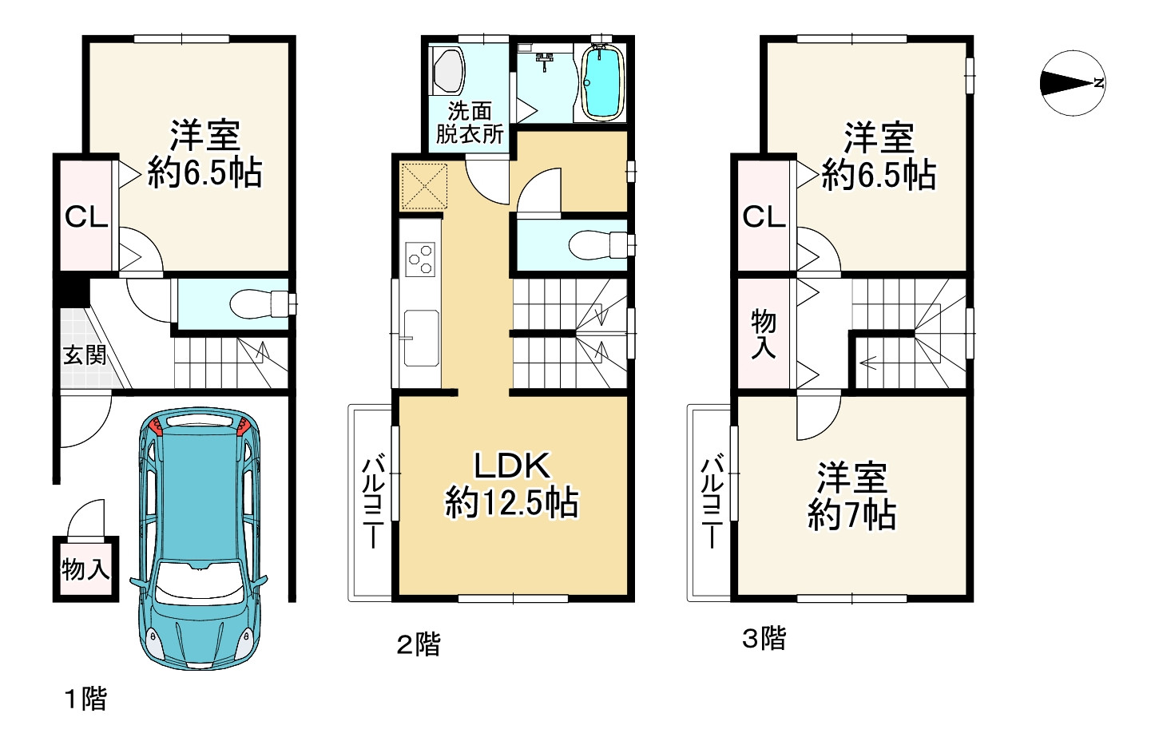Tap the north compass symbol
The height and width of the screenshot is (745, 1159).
pyautogui.click(x=1073, y=83)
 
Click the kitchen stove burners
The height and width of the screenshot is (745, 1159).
pyautogui.click(x=419, y=257)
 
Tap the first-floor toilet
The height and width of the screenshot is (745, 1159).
pyautogui.click(x=260, y=303)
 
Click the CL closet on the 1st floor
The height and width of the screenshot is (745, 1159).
pyautogui.click(x=86, y=216)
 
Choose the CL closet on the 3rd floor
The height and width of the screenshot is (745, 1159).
pyautogui.click(x=764, y=216)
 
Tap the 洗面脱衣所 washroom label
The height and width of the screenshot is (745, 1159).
pyautogui.click(x=469, y=122)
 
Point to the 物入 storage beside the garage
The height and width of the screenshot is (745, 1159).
pyautogui.click(x=85, y=569)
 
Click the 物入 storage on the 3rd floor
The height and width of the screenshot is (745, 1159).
pyautogui.click(x=764, y=334)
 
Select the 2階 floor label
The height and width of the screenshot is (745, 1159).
pyautogui.click(x=419, y=644)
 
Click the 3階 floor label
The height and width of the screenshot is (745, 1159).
pyautogui.click(x=764, y=638)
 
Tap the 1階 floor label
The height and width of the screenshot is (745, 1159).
pyautogui.click(x=85, y=699)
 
